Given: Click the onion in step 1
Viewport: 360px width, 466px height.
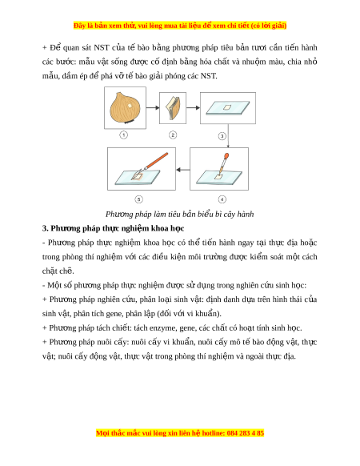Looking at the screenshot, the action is [x=125, y=107].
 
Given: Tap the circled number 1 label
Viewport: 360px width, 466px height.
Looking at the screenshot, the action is [x=123, y=135].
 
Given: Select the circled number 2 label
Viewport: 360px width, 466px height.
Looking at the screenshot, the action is [x=173, y=135].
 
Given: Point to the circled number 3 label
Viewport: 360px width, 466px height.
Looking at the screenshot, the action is [x=222, y=136].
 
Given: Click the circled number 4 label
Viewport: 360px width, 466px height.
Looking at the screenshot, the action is [x=222, y=199].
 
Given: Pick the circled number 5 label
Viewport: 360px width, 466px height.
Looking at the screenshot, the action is [x=138, y=199].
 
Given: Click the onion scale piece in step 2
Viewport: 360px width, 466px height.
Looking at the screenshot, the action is [x=173, y=108].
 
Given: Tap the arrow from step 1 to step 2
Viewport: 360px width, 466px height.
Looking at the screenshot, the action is [x=153, y=107].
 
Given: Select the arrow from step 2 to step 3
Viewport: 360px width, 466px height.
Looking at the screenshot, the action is [x=193, y=107].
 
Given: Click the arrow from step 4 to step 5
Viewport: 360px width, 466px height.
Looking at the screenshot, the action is [x=183, y=170].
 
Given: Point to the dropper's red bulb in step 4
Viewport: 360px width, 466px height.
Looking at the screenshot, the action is [x=226, y=155].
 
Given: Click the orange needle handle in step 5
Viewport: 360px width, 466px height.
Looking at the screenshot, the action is [x=157, y=160].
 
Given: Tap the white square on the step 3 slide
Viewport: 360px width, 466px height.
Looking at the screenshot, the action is [x=227, y=107].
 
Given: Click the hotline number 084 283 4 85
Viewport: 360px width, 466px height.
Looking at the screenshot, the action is [x=246, y=433].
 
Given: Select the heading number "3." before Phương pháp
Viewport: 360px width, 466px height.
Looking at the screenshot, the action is [x=45, y=228].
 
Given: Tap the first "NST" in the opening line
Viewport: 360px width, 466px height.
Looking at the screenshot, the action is [x=102, y=47].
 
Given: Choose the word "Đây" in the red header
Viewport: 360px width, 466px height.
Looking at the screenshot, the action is [x=79, y=26].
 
